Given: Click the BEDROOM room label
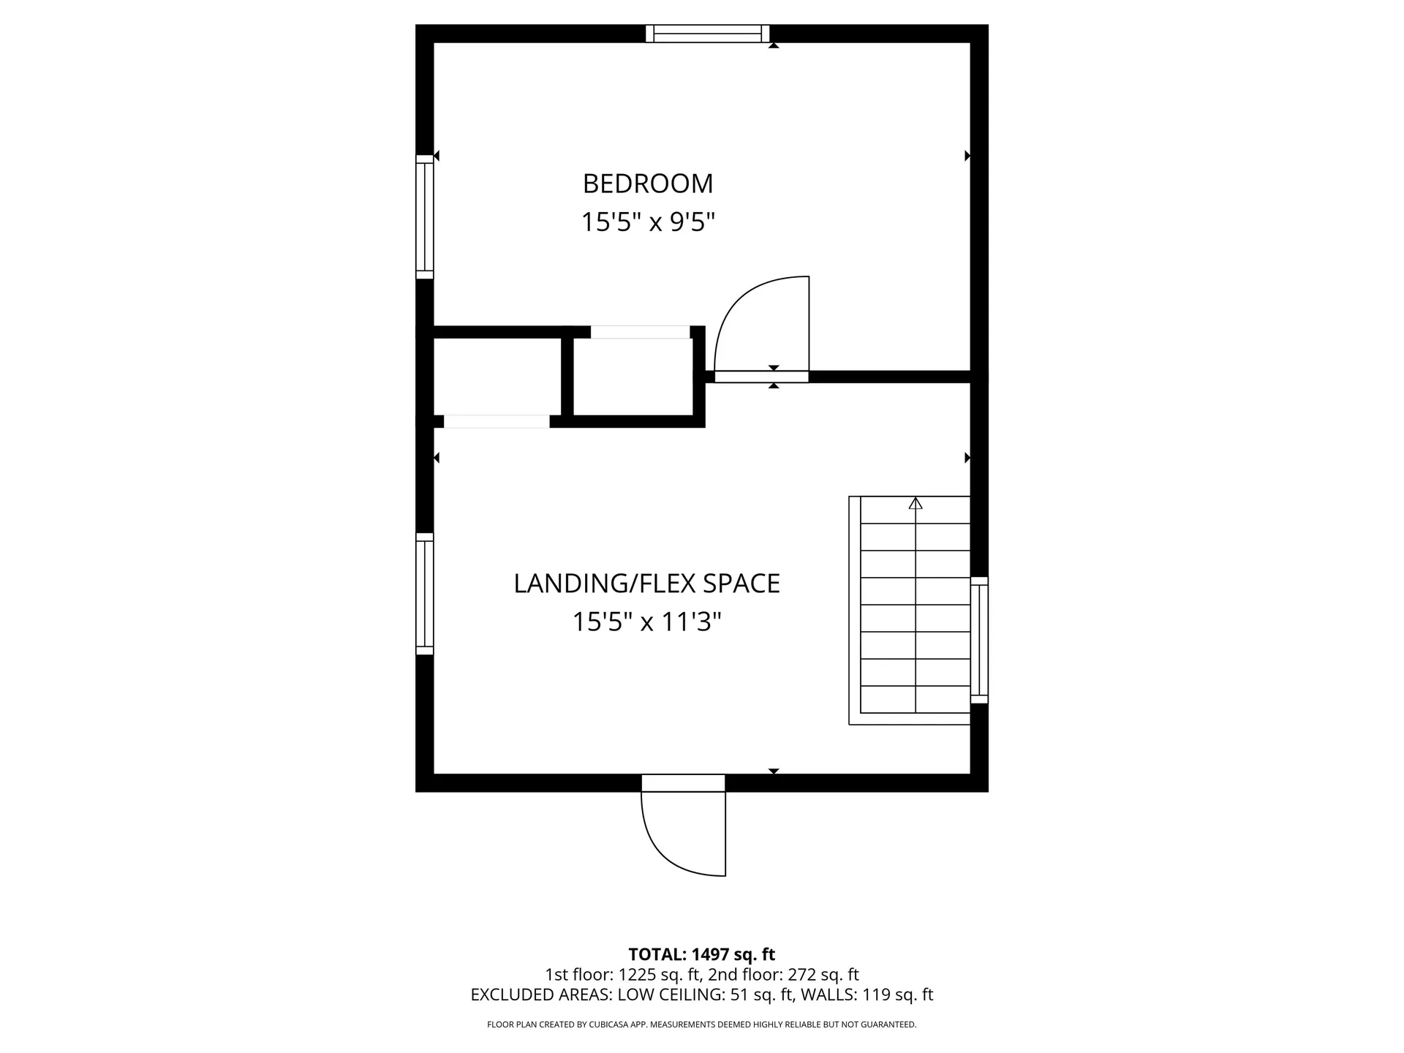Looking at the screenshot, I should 648,184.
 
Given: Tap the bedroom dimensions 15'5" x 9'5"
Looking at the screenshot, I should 648,222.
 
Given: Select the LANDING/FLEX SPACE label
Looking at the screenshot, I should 646,584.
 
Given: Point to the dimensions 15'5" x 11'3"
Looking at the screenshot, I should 646,622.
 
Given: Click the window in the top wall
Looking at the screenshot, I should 708,34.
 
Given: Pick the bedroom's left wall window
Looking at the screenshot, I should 425,217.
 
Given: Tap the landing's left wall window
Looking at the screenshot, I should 425,594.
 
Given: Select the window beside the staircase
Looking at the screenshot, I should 979,640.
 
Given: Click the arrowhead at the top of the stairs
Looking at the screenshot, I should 916,503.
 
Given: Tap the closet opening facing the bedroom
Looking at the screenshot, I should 640,332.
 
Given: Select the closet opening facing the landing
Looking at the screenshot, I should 497,421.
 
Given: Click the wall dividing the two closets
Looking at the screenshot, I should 567,377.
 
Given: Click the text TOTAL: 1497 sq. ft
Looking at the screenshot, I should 701,954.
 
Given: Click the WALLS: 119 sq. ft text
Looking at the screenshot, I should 867,994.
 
